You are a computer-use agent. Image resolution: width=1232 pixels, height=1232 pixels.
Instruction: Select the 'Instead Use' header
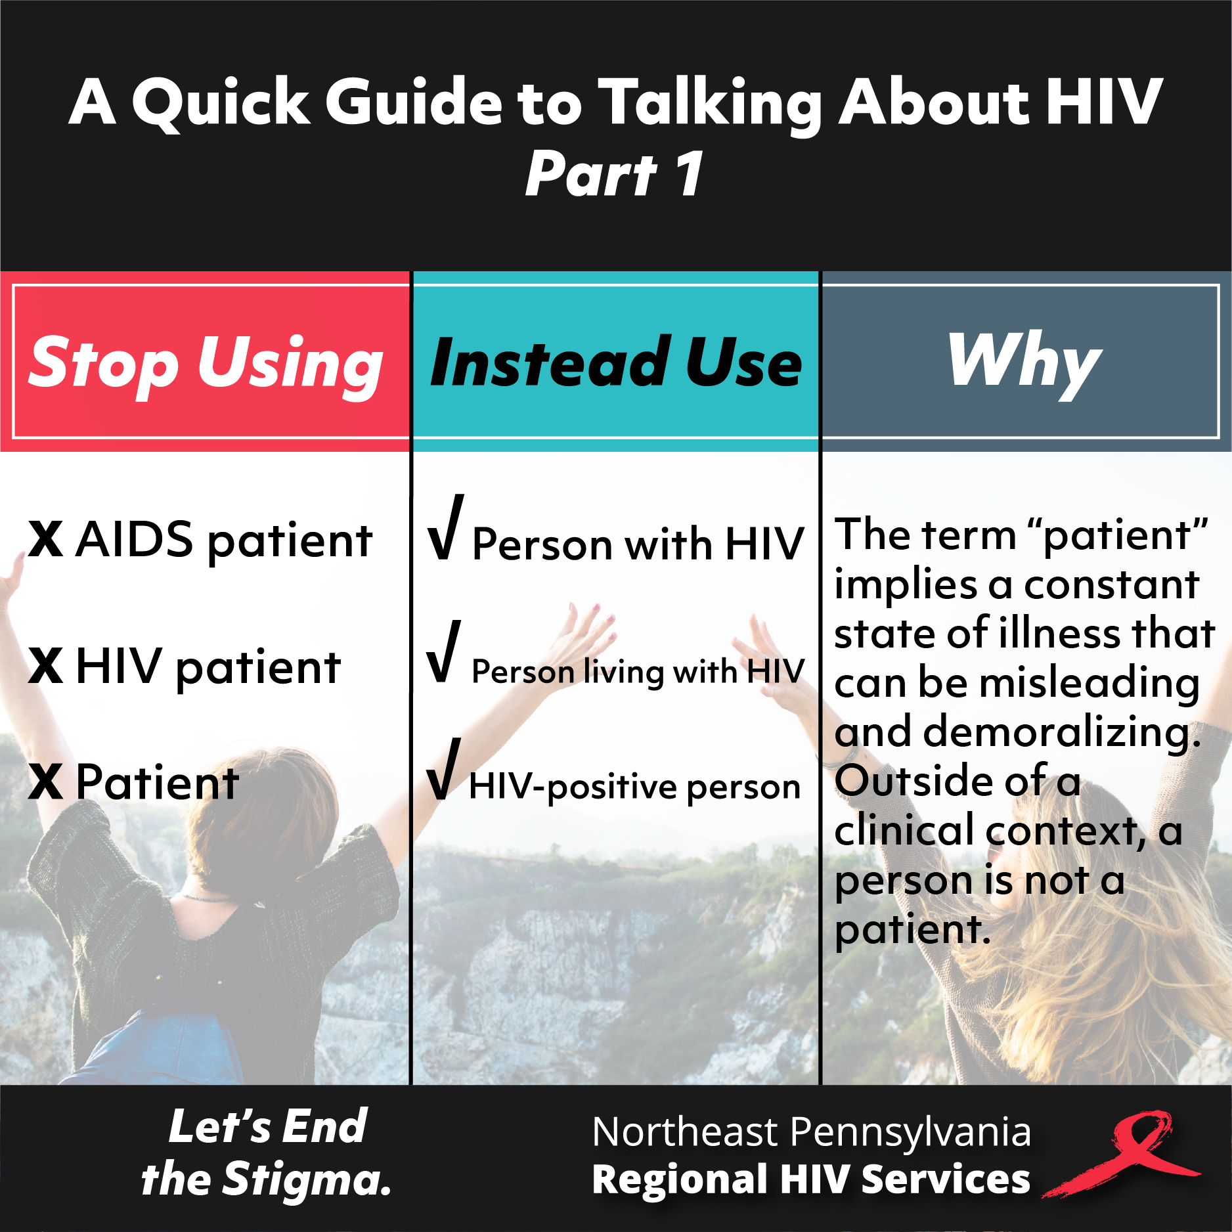pyautogui.click(x=615, y=362)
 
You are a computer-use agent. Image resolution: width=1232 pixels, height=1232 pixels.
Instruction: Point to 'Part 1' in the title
pyautogui.click(x=615, y=173)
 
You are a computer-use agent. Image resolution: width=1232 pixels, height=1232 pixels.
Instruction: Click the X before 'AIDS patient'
pyautogui.click(x=46, y=540)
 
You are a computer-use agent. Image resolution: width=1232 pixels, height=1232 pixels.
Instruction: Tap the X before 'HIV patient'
pyautogui.click(x=46, y=666)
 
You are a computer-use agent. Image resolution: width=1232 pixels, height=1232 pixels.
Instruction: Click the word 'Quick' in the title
pyautogui.click(x=221, y=103)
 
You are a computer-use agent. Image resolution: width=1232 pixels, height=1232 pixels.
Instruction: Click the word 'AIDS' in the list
pyautogui.click(x=135, y=539)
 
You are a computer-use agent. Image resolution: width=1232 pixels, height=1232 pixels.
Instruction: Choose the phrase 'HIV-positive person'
pyautogui.click(x=635, y=787)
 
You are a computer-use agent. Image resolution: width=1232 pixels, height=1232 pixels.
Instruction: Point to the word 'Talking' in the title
pyautogui.click(x=711, y=103)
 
